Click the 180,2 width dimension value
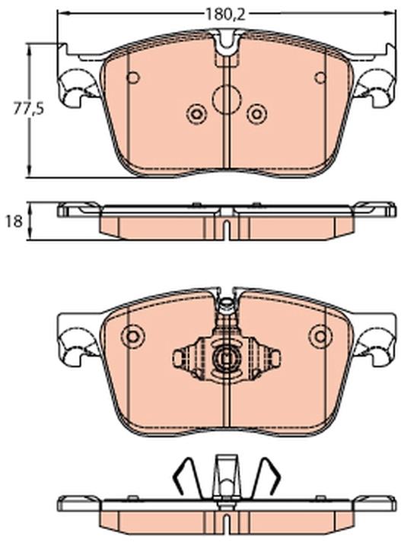click(225, 14)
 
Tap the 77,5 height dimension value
click(28, 109)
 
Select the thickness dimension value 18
click(14, 221)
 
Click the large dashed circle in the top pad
click(227, 100)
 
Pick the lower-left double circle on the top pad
click(196, 114)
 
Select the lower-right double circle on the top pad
click(256, 114)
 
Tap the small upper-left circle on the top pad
click(133, 78)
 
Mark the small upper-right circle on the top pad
click(320, 78)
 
